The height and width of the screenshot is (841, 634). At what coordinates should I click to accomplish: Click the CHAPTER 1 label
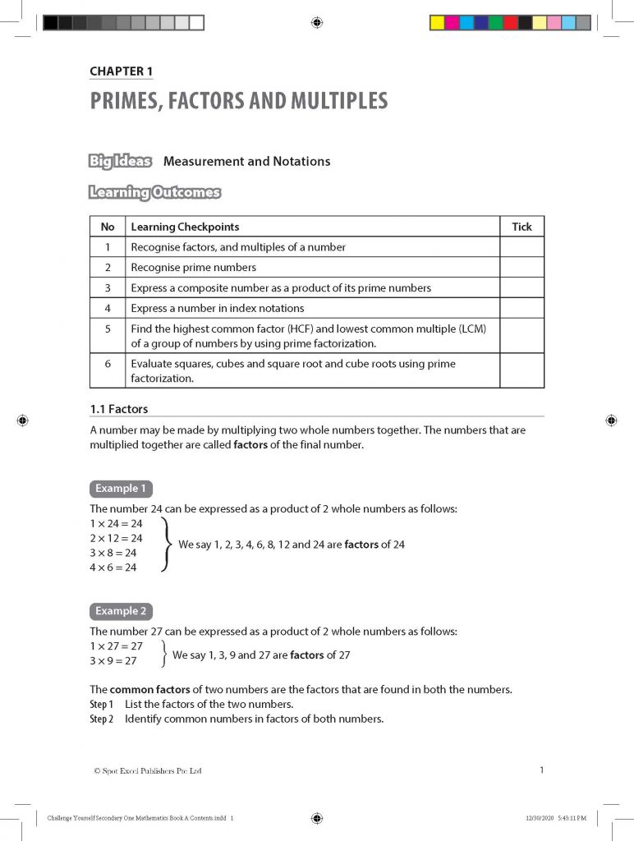(121, 71)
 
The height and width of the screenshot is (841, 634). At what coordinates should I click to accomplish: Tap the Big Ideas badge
(120, 161)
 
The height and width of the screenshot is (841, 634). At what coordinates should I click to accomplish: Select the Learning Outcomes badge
(154, 193)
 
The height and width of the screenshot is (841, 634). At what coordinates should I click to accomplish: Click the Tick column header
(521, 227)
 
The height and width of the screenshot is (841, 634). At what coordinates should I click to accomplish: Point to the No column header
(108, 227)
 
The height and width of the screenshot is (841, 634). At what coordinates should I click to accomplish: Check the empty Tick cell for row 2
(521, 267)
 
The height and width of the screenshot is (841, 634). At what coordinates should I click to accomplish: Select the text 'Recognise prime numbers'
(193, 267)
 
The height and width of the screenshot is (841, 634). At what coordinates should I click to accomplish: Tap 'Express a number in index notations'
(217, 308)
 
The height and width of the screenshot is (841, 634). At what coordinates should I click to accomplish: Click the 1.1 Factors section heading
(118, 408)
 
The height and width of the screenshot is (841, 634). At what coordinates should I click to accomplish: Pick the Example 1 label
(121, 489)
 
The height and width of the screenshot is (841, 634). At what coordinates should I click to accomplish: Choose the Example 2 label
(121, 611)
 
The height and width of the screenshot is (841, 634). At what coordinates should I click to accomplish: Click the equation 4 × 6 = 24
(113, 568)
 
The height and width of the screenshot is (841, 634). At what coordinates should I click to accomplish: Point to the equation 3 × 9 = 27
(113, 660)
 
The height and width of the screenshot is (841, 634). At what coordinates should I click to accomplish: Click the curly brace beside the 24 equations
(167, 545)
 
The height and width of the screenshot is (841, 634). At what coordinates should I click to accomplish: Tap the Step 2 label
(101, 719)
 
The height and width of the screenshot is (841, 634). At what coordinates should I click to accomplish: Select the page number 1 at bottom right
(541, 770)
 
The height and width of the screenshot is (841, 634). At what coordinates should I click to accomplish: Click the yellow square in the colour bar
(438, 23)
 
